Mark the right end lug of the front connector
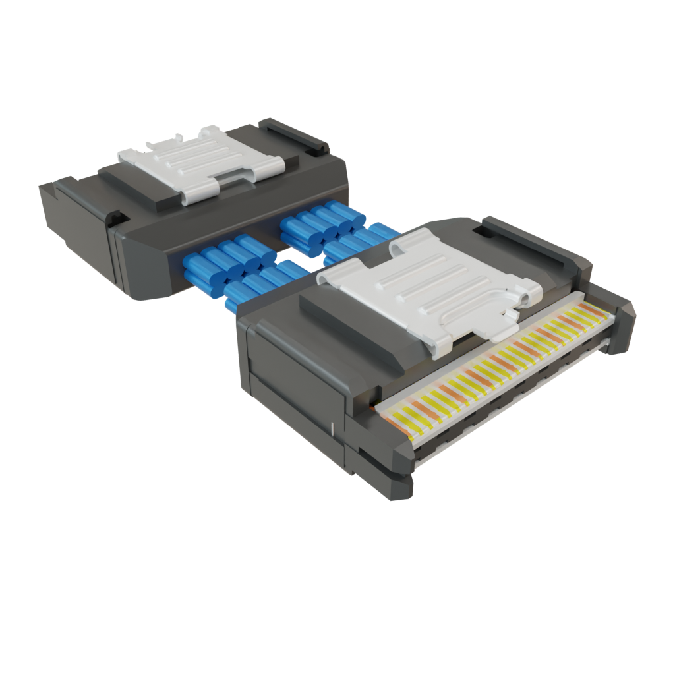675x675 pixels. tap(620, 323)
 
